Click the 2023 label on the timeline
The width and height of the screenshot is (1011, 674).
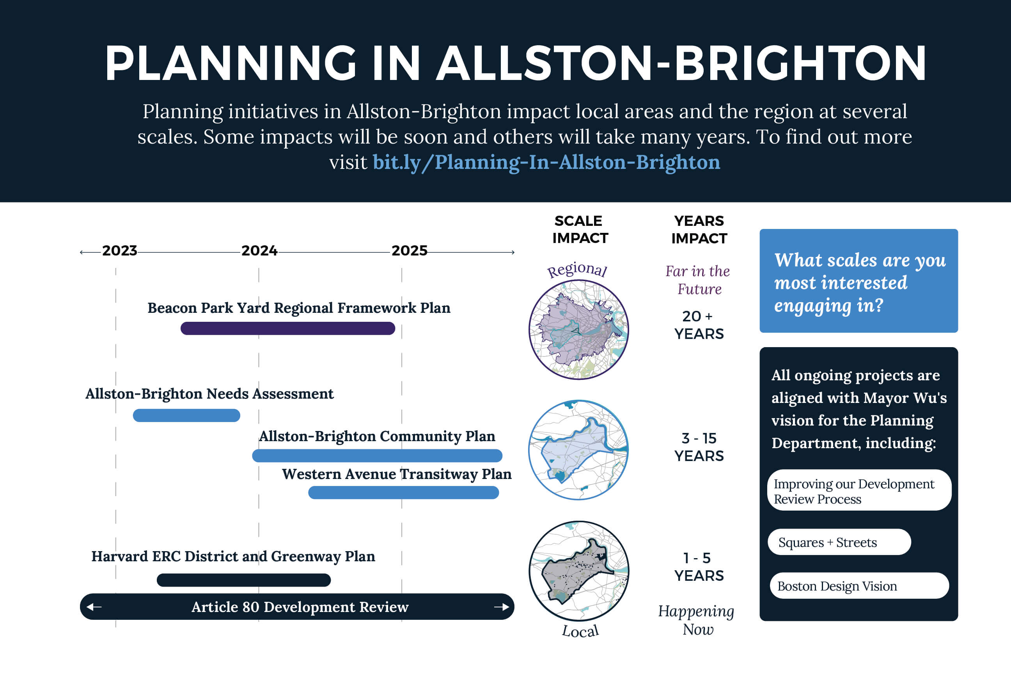tap(119, 250)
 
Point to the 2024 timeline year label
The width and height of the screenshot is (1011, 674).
tap(259, 250)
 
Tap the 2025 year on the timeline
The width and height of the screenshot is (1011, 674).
tap(409, 250)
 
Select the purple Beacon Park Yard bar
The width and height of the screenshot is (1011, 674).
tap(287, 328)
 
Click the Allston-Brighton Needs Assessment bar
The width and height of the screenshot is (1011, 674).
tap(186, 415)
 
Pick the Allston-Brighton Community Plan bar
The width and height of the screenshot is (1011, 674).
tap(377, 456)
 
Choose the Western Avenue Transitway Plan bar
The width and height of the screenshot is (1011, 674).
tap(404, 493)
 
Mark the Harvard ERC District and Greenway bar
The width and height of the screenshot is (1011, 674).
tap(244, 580)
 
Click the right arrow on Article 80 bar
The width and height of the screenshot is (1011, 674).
tap(502, 607)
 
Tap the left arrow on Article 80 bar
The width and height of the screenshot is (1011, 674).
tap(94, 607)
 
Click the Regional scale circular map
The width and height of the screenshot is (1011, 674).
tap(578, 330)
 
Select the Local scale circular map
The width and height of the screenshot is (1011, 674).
tap(578, 571)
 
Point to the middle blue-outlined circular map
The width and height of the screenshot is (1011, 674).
tap(578, 450)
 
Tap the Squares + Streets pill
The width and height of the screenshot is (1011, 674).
tap(839, 542)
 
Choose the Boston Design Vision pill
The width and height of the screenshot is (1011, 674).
tap(859, 586)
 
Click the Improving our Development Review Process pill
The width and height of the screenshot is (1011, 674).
tap(859, 490)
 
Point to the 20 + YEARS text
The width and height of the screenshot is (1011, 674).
tap(699, 325)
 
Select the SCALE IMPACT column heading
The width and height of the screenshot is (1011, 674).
tap(580, 229)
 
